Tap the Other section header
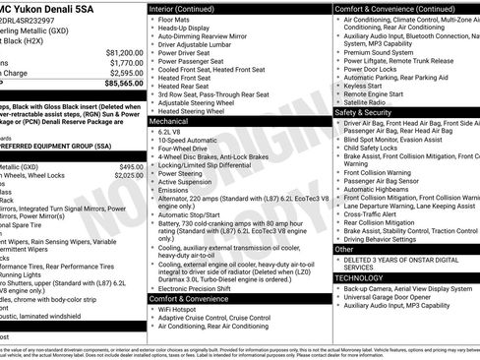point(345,250)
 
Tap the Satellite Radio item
point(367,101)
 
